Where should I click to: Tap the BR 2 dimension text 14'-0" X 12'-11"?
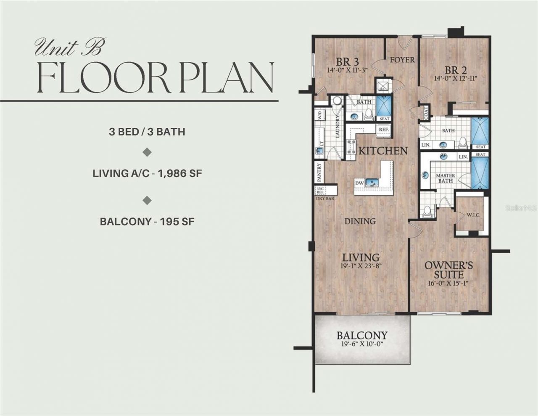(456, 78)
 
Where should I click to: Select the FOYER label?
(402, 60)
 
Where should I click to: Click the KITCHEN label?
(382, 151)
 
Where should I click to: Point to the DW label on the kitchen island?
(359, 183)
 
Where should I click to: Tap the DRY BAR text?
(324, 198)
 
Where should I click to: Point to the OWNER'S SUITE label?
(449, 270)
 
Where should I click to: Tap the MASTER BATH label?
(445, 178)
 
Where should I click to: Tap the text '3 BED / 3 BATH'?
(147, 131)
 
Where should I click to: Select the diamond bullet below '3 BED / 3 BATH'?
(147, 152)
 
